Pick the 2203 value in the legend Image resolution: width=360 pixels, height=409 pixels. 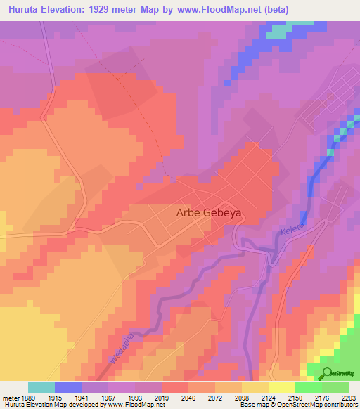(349, 398)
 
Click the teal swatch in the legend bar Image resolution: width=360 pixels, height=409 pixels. (41, 387)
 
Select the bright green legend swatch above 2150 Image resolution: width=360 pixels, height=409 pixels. (308, 387)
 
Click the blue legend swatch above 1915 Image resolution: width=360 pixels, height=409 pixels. (68, 387)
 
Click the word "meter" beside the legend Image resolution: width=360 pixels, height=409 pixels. (11, 398)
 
